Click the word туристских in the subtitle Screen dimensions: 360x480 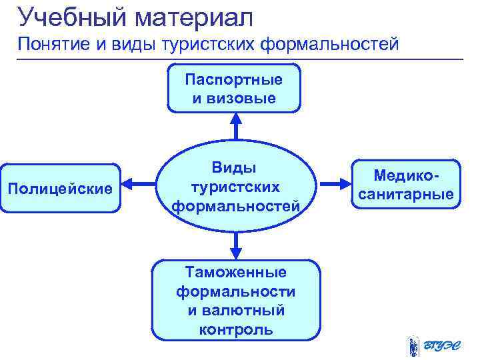coord(213,45)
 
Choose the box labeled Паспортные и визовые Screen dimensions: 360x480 coord(235,88)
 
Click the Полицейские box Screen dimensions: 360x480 coord(59,189)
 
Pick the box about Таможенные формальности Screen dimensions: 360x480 coord(235,300)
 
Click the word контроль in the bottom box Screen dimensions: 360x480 coord(236,330)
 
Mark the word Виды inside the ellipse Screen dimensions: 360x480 coord(235,167)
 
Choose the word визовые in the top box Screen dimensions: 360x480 coord(235,98)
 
